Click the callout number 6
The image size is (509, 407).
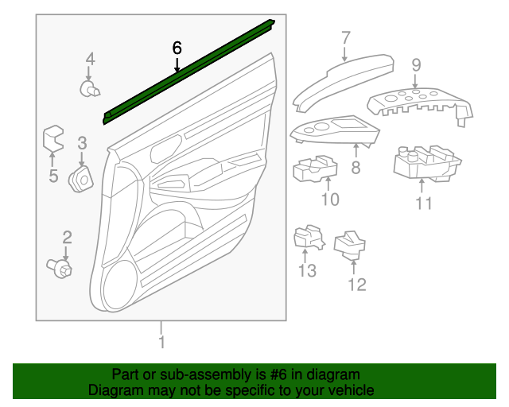177,48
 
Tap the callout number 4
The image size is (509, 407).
90,60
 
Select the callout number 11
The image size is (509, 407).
424,203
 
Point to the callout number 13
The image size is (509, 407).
307,270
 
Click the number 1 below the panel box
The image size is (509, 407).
161,342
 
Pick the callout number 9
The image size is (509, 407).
416,65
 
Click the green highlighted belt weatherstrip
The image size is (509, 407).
189,72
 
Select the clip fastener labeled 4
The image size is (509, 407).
90,89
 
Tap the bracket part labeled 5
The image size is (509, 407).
53,138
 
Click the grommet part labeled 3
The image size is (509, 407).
81,179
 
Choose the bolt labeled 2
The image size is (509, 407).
60,268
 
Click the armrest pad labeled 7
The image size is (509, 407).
344,83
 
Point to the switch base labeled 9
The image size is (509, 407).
420,104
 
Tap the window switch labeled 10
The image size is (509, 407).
315,169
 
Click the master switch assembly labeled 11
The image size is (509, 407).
426,163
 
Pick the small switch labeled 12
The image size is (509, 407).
350,246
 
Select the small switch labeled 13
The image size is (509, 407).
309,237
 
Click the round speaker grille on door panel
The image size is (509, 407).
119,285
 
